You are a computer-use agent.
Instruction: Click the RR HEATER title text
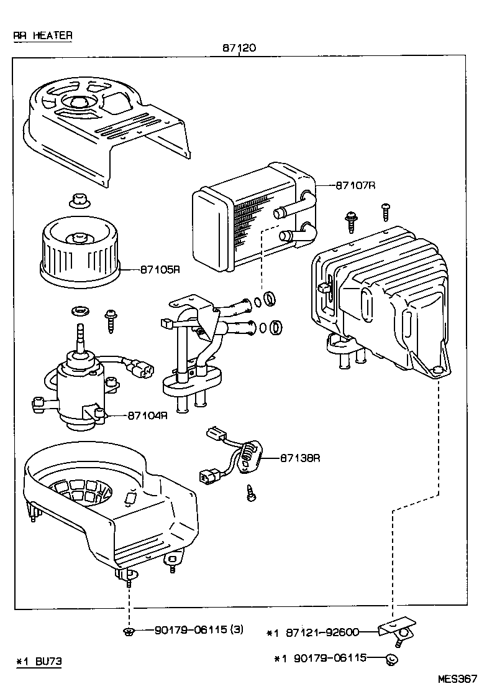[x=43, y=35]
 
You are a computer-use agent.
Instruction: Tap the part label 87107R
[x=357, y=185]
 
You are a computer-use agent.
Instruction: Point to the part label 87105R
[x=160, y=270]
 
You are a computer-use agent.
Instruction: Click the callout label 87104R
[x=148, y=415]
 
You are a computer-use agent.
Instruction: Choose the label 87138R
[x=299, y=458]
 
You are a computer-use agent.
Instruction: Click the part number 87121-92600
[x=323, y=633]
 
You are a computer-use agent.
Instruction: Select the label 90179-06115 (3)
[x=199, y=630]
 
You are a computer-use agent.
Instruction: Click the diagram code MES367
[x=457, y=679]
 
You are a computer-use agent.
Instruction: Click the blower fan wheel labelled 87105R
[x=78, y=252]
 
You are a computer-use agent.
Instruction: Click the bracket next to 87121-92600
[x=398, y=628]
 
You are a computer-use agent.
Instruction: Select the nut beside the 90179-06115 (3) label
[x=128, y=632]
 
